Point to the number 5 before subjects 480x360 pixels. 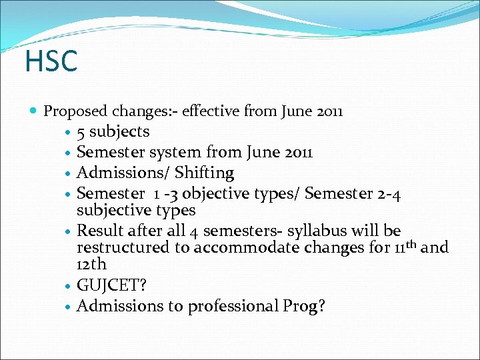point(81,131)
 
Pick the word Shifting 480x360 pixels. point(204,173)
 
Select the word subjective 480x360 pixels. point(111,211)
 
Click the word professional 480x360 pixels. point(229,307)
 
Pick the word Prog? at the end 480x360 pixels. point(305,307)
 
